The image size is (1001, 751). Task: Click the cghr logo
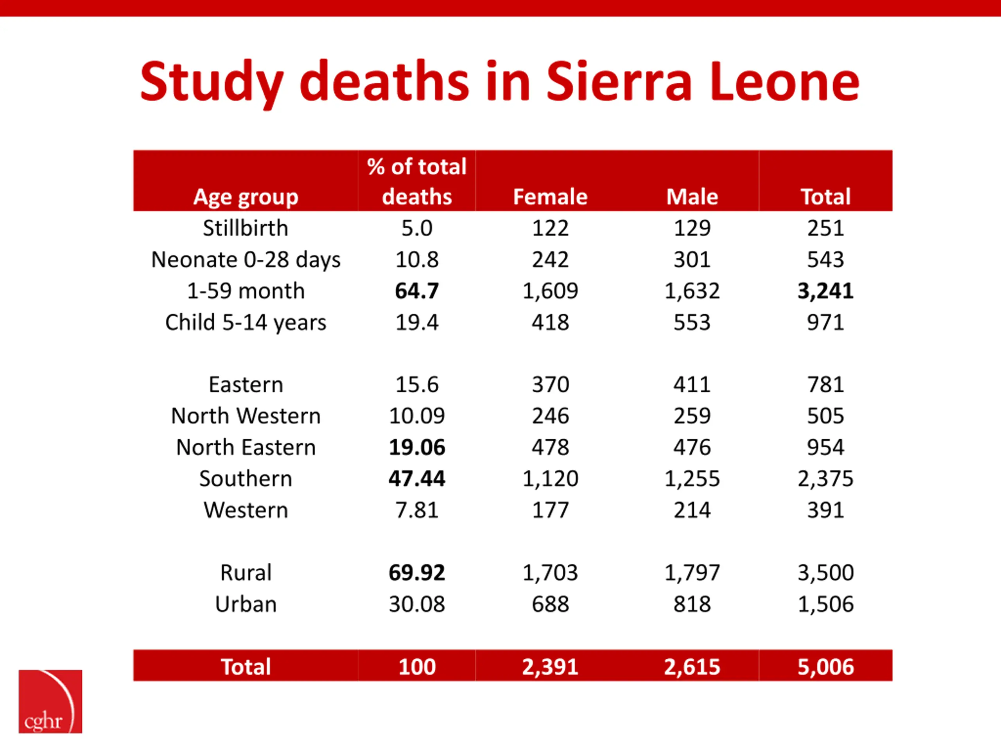point(50,701)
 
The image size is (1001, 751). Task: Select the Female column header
point(550,197)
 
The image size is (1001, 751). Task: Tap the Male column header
point(692,197)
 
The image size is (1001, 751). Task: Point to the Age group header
point(246,198)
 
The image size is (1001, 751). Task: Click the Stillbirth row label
point(245,228)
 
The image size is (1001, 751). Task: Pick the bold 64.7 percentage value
point(417,291)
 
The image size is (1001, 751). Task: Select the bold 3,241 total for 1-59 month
point(825,291)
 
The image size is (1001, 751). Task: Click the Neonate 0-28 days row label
point(246,260)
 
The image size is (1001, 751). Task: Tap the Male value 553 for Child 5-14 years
point(692,322)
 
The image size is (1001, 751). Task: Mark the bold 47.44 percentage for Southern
point(417,478)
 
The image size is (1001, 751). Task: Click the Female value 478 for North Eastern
point(550,447)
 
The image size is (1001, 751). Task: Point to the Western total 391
point(825,510)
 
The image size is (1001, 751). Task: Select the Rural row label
point(246,573)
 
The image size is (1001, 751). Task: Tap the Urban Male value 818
point(692,604)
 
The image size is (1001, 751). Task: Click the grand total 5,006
point(825,667)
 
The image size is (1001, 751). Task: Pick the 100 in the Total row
point(417,667)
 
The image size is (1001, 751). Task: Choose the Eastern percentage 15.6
point(417,385)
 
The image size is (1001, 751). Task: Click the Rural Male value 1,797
point(692,573)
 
